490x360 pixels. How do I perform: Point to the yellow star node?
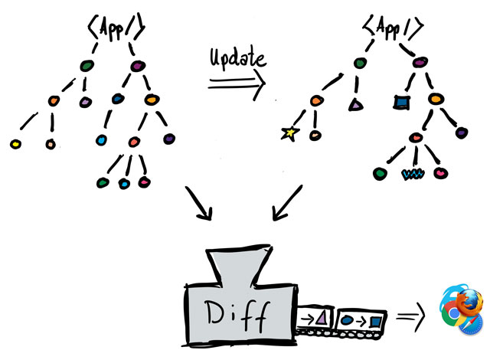tap(289, 133)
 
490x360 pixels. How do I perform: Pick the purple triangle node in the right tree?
tap(354, 104)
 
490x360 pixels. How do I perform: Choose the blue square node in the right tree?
tap(399, 100)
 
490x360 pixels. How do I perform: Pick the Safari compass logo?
tap(472, 325)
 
